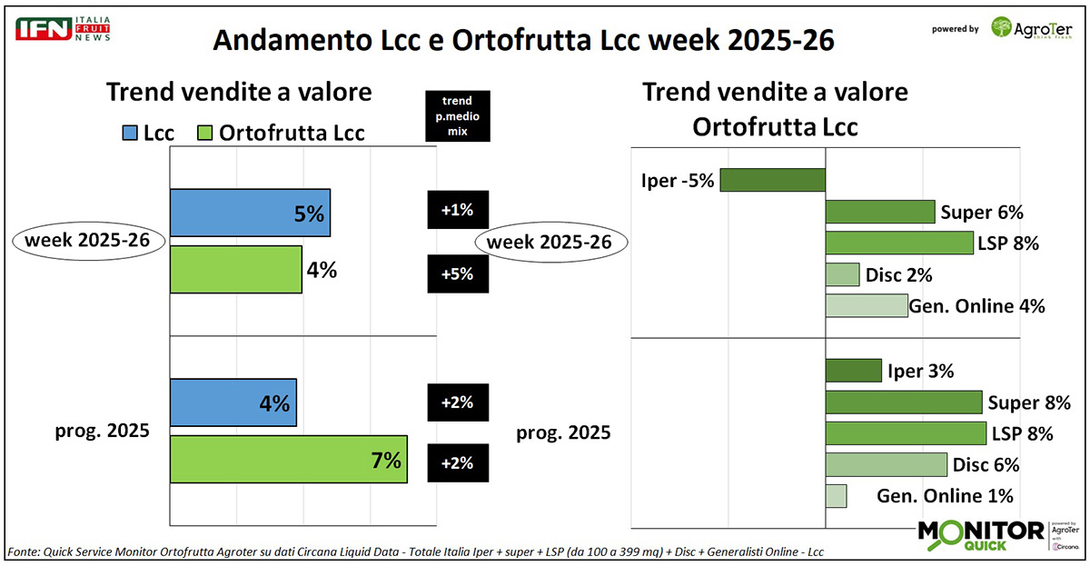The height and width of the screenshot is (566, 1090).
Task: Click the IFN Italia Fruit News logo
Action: point(62,27)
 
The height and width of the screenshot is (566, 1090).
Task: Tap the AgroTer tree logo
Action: point(1003,28)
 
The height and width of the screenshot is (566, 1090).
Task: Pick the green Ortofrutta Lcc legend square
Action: point(205,133)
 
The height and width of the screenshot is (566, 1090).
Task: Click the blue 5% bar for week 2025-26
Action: point(250,213)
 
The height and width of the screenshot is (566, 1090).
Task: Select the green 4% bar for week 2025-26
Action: point(236,269)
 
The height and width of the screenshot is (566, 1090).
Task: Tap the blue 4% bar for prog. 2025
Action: point(233,402)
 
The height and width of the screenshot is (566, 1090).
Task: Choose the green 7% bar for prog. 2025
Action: point(288,459)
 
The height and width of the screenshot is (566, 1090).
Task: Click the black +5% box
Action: point(458,273)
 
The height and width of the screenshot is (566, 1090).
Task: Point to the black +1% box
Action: point(458,210)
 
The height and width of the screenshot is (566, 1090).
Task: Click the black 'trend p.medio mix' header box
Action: point(458,116)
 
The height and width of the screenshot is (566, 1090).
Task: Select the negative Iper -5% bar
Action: point(772,179)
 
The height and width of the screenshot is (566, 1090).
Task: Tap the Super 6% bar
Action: point(879,212)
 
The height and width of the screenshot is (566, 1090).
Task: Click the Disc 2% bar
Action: point(842,274)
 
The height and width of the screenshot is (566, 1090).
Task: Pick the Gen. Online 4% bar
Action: point(867,305)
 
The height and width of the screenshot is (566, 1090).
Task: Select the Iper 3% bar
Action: point(853,371)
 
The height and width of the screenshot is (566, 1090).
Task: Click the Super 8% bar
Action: point(903,402)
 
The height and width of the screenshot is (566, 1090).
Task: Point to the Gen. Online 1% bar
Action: point(836,496)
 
